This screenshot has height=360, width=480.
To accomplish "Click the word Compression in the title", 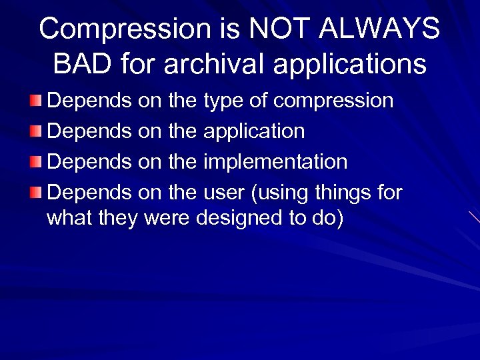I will click(125, 29).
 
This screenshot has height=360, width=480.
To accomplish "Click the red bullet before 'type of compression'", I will click(35, 101).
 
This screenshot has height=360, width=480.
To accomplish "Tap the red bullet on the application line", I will click(35, 131).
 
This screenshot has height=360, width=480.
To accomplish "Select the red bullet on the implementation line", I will click(35, 162).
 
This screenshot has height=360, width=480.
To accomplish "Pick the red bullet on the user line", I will click(35, 193).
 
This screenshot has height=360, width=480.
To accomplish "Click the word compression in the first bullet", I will click(333, 101).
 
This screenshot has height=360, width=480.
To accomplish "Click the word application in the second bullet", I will click(253, 132).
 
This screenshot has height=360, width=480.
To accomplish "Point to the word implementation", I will click(275, 162).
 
